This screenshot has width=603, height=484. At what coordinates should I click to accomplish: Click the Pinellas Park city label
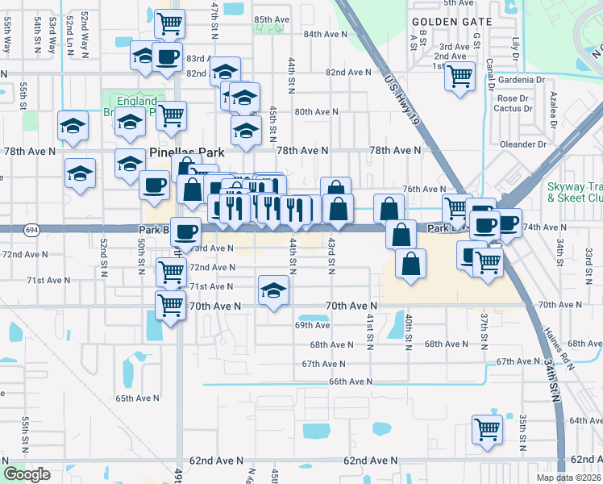pyautogui.click(x=187, y=152)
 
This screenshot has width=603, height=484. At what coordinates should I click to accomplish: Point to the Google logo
pyautogui.click(x=27, y=474)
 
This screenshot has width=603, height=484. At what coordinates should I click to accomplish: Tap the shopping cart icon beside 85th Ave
pyautogui.click(x=170, y=24)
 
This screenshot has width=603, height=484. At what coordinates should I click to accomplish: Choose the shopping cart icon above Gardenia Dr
pyautogui.click(x=460, y=77)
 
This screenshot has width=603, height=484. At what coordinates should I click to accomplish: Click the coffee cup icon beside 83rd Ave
pyautogui.click(x=167, y=57)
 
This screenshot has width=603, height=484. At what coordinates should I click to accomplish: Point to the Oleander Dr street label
pyautogui.click(x=523, y=144)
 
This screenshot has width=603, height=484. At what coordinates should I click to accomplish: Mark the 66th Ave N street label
pyautogui.click(x=351, y=381)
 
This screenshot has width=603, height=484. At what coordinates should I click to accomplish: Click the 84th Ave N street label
pyautogui.click(x=326, y=35)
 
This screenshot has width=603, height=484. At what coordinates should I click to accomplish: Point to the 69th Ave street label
pyautogui.click(x=312, y=325)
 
